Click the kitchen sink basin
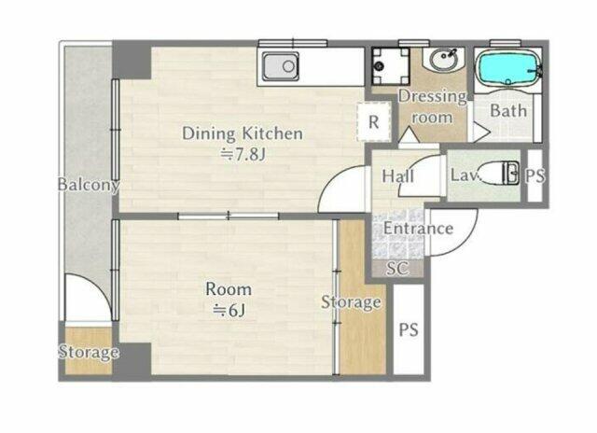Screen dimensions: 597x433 (281, 66)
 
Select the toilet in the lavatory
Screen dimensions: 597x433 (498, 174)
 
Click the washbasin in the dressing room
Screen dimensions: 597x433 (444, 59)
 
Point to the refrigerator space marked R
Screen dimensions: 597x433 (374, 122)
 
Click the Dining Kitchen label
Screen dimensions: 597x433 (243, 133)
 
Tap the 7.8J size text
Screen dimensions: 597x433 (243, 155)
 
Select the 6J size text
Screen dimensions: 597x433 (229, 311)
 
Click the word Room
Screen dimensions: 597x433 (229, 289)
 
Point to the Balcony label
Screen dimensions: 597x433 (89, 185)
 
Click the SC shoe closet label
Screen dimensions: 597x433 (397, 269)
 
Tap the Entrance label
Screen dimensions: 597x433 (418, 229)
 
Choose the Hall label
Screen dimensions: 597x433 (398, 176)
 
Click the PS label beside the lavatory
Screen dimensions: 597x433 (535, 175)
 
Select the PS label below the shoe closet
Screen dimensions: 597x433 (409, 329)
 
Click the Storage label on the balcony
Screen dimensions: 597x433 (88, 352)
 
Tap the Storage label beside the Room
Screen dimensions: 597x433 (351, 302)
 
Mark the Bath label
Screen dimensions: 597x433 (508, 111)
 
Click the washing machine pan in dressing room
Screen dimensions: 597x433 (391, 65)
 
